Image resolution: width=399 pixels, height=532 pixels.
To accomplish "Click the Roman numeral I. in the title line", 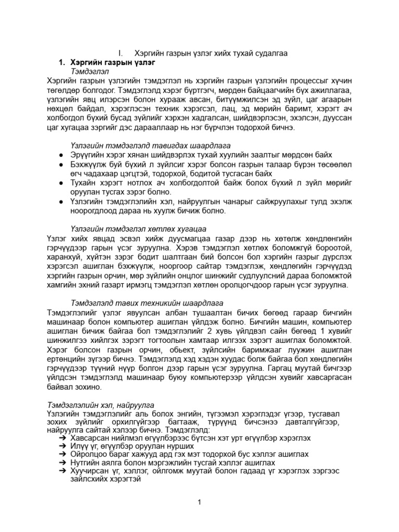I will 121,54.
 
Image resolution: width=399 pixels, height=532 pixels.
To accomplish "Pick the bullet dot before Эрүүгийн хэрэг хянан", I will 61,155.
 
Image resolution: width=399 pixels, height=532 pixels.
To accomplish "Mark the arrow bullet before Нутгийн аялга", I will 61,463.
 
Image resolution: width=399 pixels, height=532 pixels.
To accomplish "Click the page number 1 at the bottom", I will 199,501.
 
